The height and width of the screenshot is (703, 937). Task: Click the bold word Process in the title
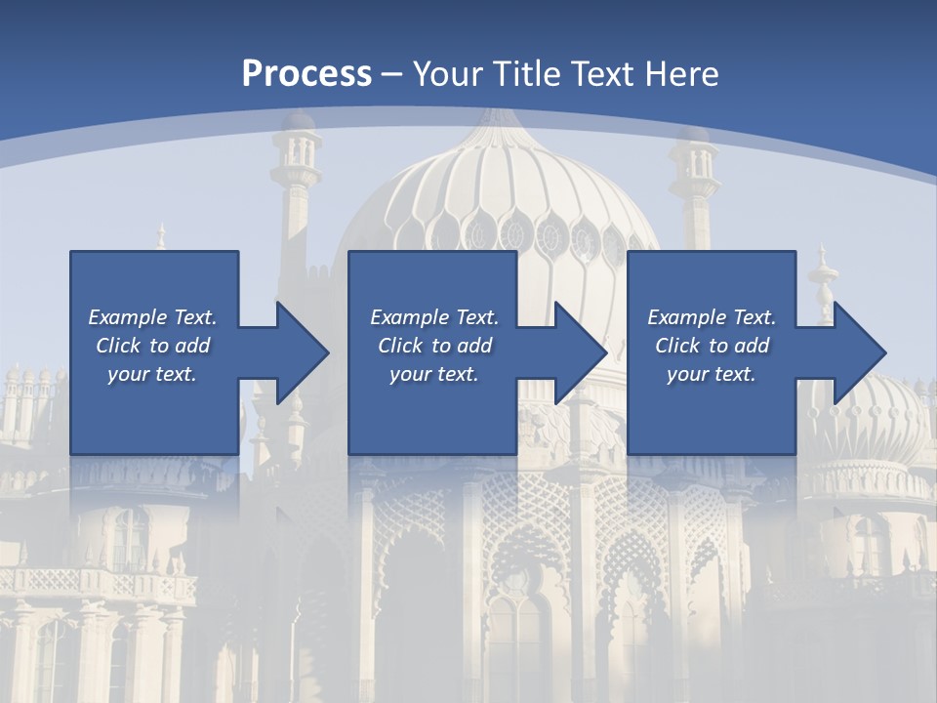[306, 74]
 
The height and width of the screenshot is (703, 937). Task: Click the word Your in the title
[447, 74]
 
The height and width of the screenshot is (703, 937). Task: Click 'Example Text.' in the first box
[152, 317]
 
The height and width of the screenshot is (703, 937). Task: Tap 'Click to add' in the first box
[152, 346]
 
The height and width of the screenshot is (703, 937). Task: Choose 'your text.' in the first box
[152, 374]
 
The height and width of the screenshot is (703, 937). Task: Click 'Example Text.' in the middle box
[434, 317]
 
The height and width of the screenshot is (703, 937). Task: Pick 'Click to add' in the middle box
[434, 346]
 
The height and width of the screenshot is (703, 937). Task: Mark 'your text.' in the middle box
[434, 374]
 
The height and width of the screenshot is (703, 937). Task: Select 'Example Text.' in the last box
[712, 317]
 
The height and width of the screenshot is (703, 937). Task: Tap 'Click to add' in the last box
[712, 346]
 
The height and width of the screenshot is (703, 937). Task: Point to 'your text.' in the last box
[712, 374]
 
